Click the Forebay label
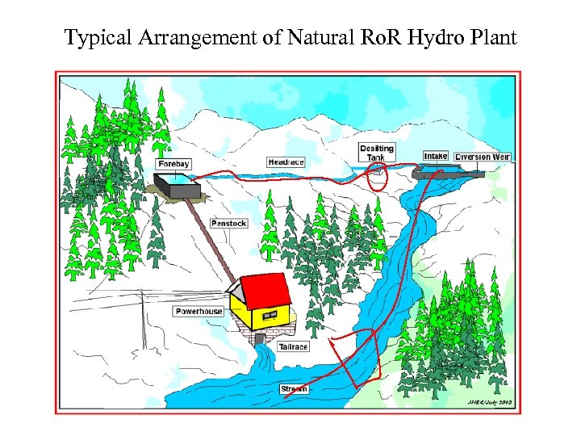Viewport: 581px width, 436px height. tap(173, 164)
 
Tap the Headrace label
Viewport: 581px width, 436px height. tap(286, 162)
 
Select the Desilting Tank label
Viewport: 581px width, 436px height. tap(376, 153)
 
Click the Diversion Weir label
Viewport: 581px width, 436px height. tap(483, 157)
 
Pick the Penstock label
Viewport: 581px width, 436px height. tap(228, 223)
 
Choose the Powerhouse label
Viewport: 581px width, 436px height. tap(199, 312)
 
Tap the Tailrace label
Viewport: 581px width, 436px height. tap(293, 346)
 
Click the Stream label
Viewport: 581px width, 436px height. tap(294, 389)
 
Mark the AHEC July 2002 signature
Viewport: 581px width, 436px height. tap(488, 402)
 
